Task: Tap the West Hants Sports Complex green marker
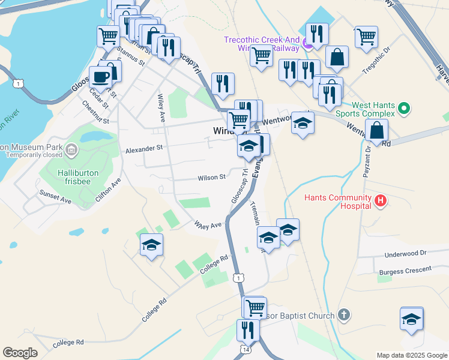coord(404,109)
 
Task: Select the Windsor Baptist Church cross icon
coord(343,314)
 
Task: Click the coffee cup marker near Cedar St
coord(100,77)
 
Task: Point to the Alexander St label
coord(144,148)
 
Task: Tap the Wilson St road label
coord(212,177)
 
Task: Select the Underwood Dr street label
coord(407,254)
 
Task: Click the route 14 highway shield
coord(246,349)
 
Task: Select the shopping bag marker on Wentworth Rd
coord(376,130)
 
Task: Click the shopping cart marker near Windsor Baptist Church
coord(255,308)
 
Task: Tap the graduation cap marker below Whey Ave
coord(151,245)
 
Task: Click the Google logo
coord(20,353)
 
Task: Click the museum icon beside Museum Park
coord(71,149)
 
